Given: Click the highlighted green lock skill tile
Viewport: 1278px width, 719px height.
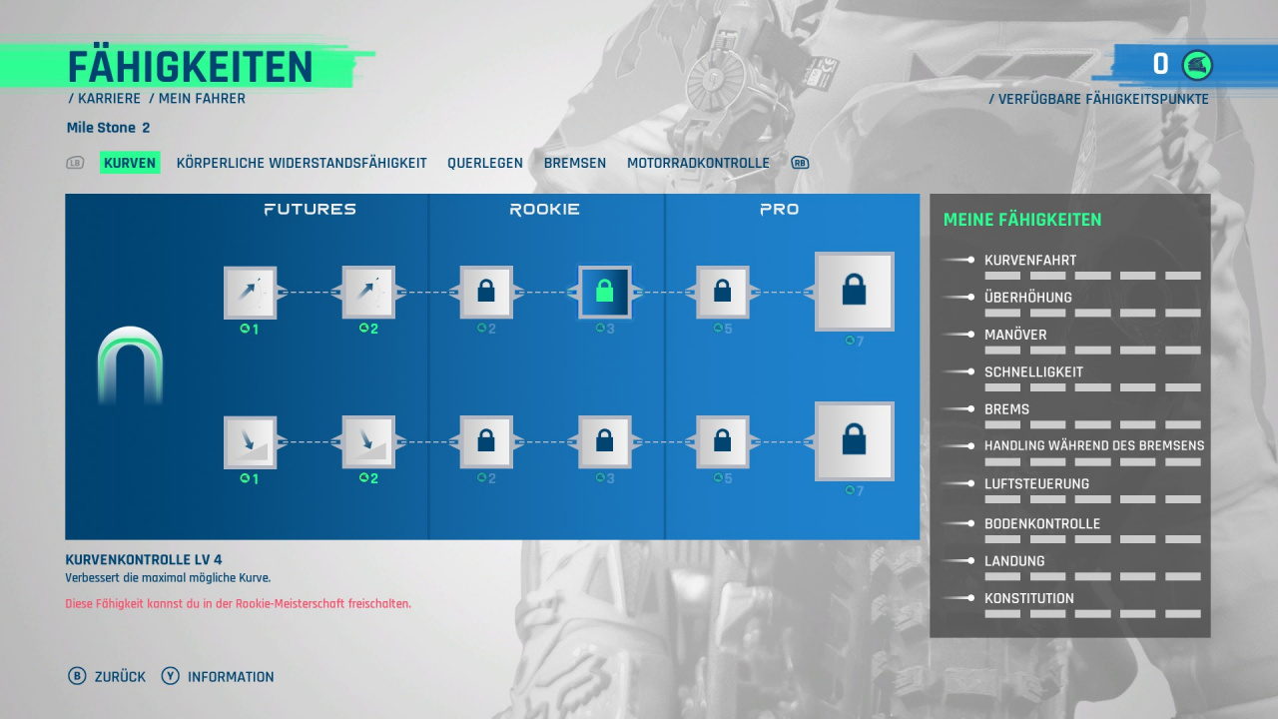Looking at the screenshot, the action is pos(604,293).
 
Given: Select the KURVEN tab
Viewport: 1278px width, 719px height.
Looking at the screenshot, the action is pos(130,163).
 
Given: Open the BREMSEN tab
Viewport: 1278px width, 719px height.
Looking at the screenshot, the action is pos(574,163).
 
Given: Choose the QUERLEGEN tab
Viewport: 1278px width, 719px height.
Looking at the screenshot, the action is pos(485,163).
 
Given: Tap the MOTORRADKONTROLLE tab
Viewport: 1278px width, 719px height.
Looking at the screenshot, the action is pos(698,163).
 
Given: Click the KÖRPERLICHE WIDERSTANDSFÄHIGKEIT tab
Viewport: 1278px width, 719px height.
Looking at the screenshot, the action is pos(302,163).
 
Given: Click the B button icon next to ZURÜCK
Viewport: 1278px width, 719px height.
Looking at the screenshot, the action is pos(77,676).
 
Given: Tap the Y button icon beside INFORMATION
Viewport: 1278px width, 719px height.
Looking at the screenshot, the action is pos(170,676).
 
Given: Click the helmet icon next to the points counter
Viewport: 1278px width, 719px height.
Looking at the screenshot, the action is pos(1197,65).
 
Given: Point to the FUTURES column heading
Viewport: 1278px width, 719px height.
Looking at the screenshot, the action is pos(310,210).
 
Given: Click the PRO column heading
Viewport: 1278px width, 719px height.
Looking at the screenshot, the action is pos(779,210).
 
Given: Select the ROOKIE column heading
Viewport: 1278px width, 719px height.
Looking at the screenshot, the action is pos(544,210).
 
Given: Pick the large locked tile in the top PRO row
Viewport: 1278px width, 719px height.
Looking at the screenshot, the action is pos(854,291).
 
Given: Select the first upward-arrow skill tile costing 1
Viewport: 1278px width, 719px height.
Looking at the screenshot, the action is pos(250,293).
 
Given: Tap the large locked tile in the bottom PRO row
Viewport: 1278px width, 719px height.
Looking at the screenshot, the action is pos(854,441).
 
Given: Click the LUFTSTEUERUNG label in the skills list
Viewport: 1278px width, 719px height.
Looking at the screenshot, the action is pos(1036,484).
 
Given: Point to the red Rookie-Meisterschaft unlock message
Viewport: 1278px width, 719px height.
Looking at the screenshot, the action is pos(238,604).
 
